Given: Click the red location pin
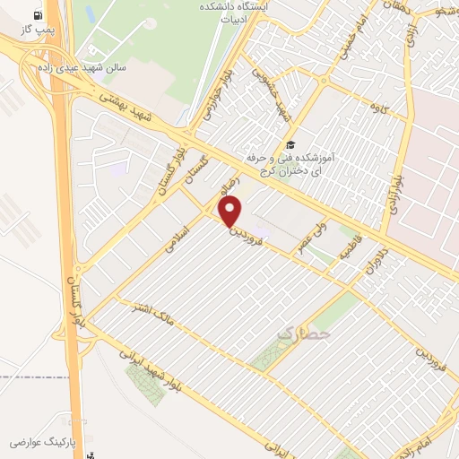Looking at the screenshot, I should pos(231,212).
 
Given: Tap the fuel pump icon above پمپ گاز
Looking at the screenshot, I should pos(36,16).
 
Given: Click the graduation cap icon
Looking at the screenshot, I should pos(289,144).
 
